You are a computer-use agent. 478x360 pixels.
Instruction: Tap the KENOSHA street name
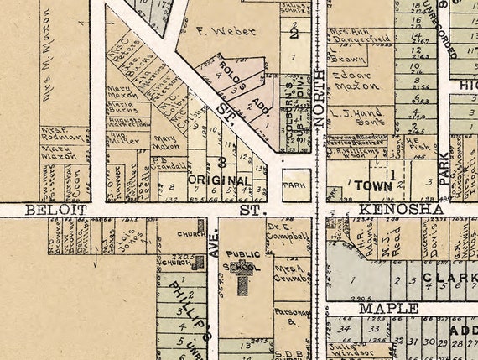[x=390, y=207]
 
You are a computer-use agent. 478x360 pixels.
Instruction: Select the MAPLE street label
[x=388, y=309]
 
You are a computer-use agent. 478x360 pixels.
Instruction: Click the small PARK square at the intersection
[x=295, y=183]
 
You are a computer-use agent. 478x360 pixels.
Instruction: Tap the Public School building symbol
[x=243, y=284]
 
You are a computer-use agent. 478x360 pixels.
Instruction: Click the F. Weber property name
[x=213, y=32]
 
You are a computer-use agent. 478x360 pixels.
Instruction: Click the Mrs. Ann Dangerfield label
[x=358, y=37]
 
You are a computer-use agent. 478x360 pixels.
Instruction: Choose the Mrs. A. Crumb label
[x=290, y=274]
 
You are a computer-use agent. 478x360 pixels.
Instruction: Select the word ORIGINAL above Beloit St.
[x=218, y=180]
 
